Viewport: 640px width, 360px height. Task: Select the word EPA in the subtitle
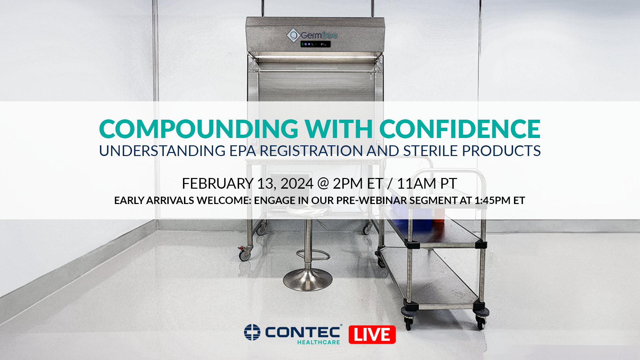coord(243,151)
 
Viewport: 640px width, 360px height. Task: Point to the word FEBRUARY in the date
coord(217,184)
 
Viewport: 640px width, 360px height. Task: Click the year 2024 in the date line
coord(297,184)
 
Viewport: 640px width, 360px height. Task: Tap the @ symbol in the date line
coord(323,184)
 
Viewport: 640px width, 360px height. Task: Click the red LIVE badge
coord(372,335)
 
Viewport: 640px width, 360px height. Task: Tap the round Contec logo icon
coord(252,332)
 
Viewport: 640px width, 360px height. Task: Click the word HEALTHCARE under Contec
coord(318,342)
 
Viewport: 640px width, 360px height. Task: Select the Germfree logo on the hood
coord(312,35)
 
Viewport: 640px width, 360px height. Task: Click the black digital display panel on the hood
coord(315,44)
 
